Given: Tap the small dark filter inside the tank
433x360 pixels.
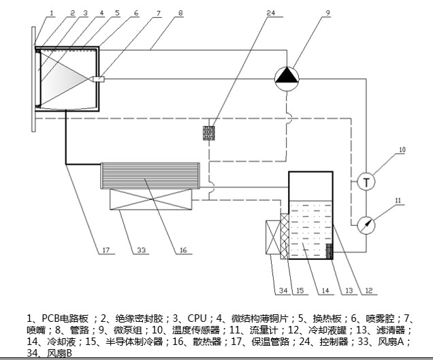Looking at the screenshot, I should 330,251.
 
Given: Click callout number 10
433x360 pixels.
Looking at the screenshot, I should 402,149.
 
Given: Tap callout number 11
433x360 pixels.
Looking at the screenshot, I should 400,199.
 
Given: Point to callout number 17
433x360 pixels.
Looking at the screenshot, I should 106,250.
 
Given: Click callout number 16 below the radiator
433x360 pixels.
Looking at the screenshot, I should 183,250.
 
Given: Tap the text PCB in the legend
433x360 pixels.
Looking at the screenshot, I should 50,318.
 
